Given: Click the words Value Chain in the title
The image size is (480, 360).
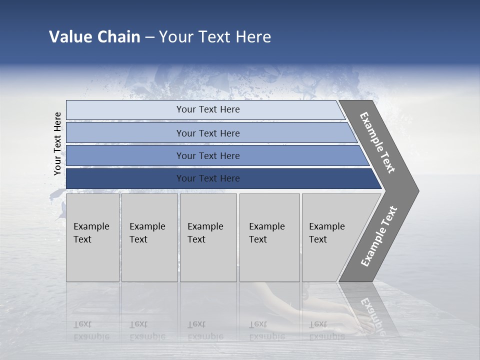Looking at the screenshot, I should tap(94, 37).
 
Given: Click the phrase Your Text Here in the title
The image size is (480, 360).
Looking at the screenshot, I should tap(215, 37).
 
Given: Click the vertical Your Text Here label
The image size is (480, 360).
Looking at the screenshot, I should tap(57, 143).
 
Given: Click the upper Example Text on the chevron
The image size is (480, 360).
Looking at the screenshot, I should tap(377, 142).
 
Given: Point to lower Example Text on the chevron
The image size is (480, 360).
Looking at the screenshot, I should tap(379, 236).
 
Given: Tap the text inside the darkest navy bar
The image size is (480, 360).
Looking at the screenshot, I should tap(208, 178).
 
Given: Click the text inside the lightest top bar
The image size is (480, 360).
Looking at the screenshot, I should tap(208, 109).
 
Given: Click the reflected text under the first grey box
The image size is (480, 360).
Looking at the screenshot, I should tap(91, 330).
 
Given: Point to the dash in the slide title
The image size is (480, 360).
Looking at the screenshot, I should tap(149, 37).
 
